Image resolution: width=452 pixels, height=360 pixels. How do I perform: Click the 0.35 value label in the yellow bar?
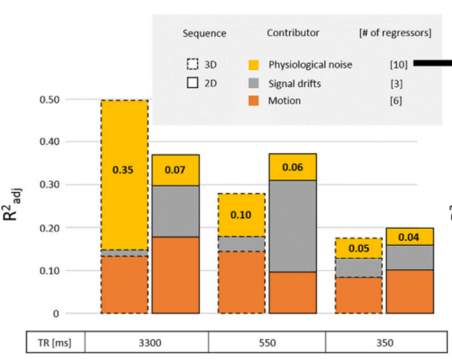click(124, 170)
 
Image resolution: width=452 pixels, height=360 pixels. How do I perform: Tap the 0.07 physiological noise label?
click(175, 169)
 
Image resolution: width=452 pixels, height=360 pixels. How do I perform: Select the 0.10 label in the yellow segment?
click(241, 215)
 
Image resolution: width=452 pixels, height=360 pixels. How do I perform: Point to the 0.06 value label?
click(292, 167)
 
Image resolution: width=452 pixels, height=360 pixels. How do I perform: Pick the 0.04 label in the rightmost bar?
click(409, 236)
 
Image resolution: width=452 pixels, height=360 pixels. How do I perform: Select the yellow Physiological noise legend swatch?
click(255, 65)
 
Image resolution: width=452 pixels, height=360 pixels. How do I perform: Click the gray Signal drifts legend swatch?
click(255, 83)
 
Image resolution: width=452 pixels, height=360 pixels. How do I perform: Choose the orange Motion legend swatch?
click(255, 101)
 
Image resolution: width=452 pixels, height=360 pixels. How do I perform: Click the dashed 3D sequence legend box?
click(193, 64)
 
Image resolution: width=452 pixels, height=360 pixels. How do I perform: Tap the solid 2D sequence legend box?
click(193, 83)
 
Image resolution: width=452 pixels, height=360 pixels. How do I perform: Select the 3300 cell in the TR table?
click(150, 343)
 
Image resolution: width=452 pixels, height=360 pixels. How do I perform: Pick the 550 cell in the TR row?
click(267, 343)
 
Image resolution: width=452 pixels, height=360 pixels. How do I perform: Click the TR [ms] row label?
click(56, 343)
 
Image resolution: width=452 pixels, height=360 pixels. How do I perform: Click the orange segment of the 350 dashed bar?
click(358, 295)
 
